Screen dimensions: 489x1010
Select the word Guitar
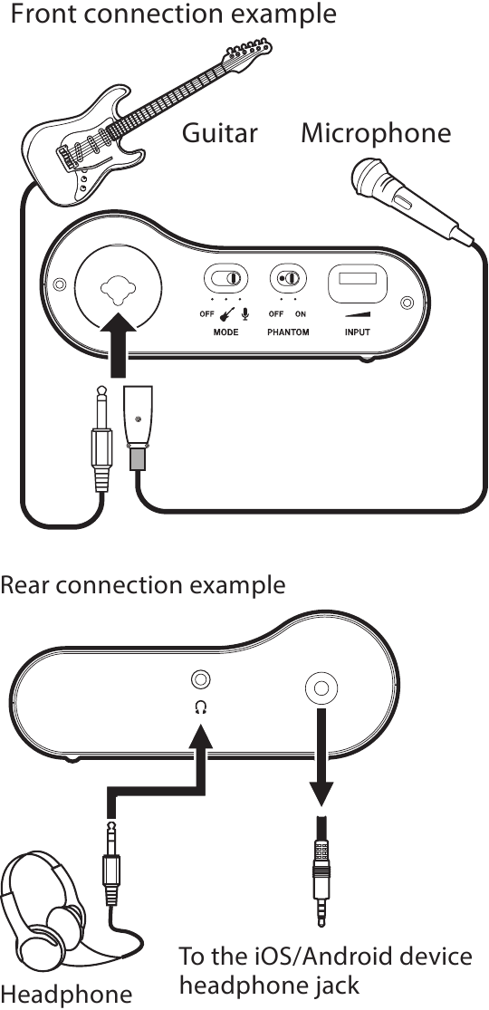[x=219, y=133]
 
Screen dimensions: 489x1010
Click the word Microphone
[x=376, y=133]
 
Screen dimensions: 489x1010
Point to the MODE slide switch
[x=225, y=278]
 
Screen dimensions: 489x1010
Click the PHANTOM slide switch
[x=288, y=278]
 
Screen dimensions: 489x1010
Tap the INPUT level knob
[x=357, y=284]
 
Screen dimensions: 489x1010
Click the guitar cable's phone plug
[x=100, y=438]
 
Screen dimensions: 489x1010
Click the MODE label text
[x=225, y=332]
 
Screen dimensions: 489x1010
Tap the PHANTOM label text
[x=288, y=332]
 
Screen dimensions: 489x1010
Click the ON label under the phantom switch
[x=301, y=314]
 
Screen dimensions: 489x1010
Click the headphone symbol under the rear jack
[x=201, y=708]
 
